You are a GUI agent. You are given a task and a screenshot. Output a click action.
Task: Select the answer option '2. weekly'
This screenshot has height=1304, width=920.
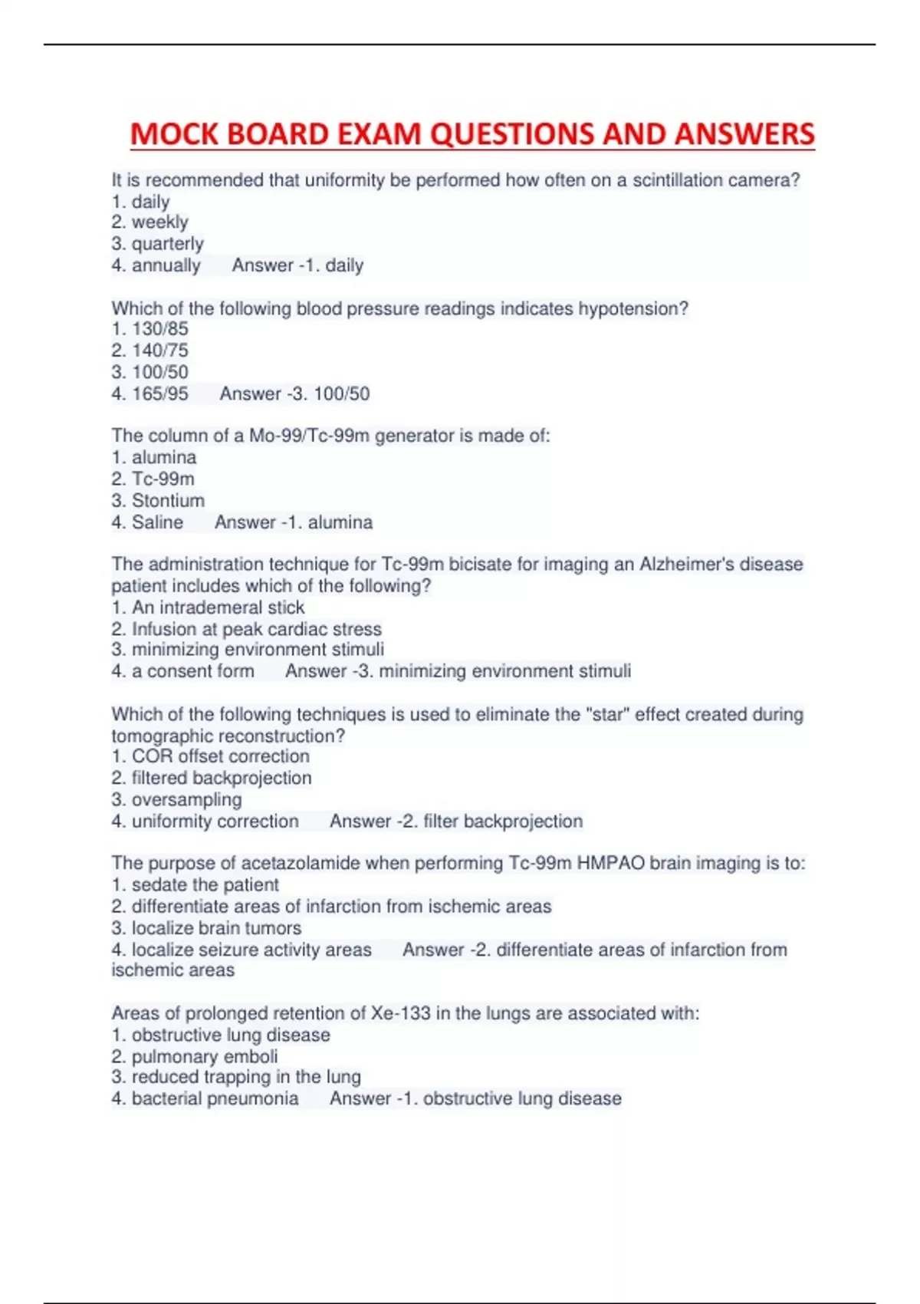tap(149, 222)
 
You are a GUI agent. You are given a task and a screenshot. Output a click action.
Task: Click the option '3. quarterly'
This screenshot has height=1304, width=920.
tap(157, 244)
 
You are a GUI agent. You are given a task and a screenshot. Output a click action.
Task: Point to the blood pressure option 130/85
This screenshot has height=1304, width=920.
tap(149, 329)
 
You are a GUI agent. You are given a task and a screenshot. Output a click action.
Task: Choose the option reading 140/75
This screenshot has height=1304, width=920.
tap(149, 351)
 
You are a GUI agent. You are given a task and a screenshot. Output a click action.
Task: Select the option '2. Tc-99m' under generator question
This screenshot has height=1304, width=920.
tap(153, 479)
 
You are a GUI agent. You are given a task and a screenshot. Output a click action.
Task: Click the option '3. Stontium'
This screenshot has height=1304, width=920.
tap(158, 500)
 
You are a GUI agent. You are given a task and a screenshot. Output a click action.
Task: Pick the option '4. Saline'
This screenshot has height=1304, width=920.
tap(147, 522)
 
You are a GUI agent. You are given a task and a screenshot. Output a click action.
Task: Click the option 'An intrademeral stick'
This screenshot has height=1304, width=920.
tap(208, 608)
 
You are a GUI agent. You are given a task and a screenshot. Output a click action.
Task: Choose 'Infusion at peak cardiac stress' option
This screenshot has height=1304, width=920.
tap(246, 629)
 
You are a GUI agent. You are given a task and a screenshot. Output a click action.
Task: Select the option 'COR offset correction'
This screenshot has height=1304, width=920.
tap(211, 756)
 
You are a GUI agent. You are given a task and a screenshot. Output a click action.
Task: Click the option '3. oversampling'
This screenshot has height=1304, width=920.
tap(176, 799)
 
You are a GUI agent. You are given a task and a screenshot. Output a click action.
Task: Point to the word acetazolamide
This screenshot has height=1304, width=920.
tap(301, 864)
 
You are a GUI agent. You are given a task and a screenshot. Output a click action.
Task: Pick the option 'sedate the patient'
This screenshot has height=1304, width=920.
tap(195, 884)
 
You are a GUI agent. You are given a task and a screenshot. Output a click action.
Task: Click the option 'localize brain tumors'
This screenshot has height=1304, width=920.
tap(206, 927)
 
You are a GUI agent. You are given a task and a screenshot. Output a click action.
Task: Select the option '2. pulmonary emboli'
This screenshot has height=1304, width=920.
tap(195, 1056)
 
